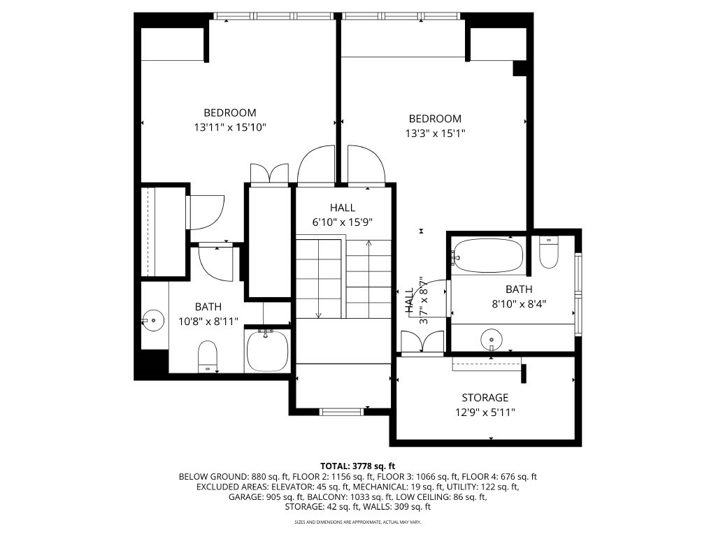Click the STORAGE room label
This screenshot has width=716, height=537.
pos(485,397)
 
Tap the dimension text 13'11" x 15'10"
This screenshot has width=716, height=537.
pos(230,127)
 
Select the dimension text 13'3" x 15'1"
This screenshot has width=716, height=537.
pos(435,134)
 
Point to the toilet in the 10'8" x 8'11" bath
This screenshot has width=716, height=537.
pos(208,356)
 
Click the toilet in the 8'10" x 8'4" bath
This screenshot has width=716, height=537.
pos(548,252)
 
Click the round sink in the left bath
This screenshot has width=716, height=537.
pos(152,320)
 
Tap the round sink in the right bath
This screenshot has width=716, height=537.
pos(492,340)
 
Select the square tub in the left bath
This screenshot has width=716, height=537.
pos(268,351)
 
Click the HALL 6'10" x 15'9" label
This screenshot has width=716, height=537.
pos(343,215)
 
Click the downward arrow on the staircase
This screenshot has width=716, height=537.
pos(318,278)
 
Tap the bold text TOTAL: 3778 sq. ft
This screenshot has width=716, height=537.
pos(357,466)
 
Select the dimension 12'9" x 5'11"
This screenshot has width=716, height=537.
pos(485,413)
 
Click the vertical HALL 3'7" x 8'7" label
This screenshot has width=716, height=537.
pos(416,300)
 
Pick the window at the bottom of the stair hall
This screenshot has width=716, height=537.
pos(341,412)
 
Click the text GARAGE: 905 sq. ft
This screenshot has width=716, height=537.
pos(266,497)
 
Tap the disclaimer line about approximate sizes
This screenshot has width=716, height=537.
pos(357,522)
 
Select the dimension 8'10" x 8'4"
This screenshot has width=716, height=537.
pos(520,304)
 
